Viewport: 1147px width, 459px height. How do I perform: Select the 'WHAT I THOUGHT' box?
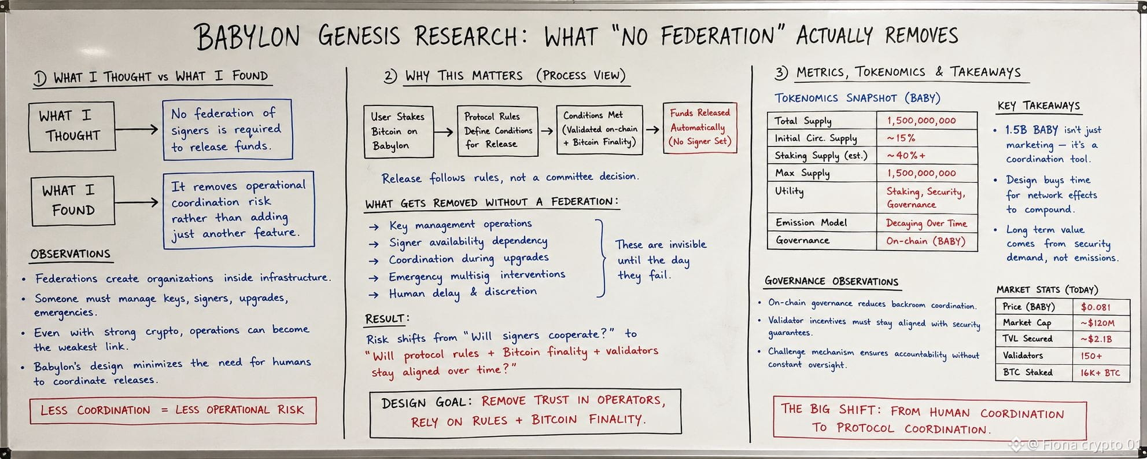click(x=72, y=127)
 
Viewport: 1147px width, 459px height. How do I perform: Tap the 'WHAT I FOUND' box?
click(x=73, y=200)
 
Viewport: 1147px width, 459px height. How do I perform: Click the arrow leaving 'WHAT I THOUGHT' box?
click(x=137, y=129)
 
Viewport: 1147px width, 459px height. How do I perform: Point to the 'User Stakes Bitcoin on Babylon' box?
click(x=399, y=131)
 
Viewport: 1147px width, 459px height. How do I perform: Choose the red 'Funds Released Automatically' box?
click(x=700, y=127)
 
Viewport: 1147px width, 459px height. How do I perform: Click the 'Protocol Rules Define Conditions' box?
click(x=497, y=131)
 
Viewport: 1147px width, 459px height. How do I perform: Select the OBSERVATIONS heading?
click(x=70, y=254)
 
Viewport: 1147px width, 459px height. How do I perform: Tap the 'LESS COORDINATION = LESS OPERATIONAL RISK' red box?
click(x=173, y=410)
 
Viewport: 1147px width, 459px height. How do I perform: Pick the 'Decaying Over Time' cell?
click(x=926, y=223)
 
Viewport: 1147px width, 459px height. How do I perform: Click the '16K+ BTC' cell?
click(x=1100, y=373)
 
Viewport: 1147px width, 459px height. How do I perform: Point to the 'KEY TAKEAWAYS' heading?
click(x=1038, y=106)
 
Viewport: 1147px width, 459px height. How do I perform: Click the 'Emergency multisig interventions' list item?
click(x=477, y=276)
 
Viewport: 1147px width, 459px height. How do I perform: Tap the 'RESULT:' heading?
click(x=387, y=319)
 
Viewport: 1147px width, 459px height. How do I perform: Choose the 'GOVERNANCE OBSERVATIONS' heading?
click(x=831, y=282)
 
